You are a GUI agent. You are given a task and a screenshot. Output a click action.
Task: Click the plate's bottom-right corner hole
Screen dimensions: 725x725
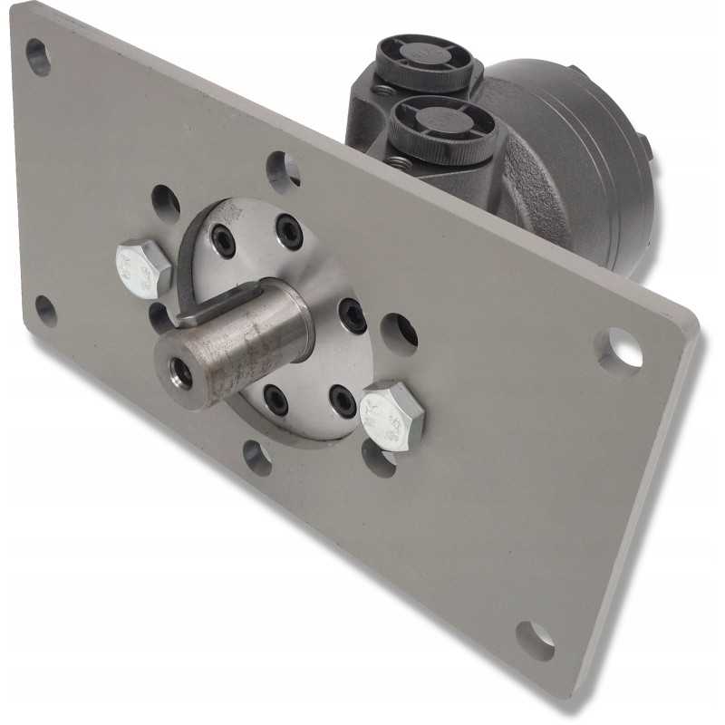pyautogui.click(x=536, y=640)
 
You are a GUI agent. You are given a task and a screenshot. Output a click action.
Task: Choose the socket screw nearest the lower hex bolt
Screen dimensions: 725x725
pyautogui.click(x=343, y=399)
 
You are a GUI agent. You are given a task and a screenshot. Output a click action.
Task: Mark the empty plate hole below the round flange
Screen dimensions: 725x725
pyautogui.click(x=257, y=458)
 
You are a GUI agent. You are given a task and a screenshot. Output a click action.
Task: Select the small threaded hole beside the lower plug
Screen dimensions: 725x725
pyautogui.click(x=397, y=161)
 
